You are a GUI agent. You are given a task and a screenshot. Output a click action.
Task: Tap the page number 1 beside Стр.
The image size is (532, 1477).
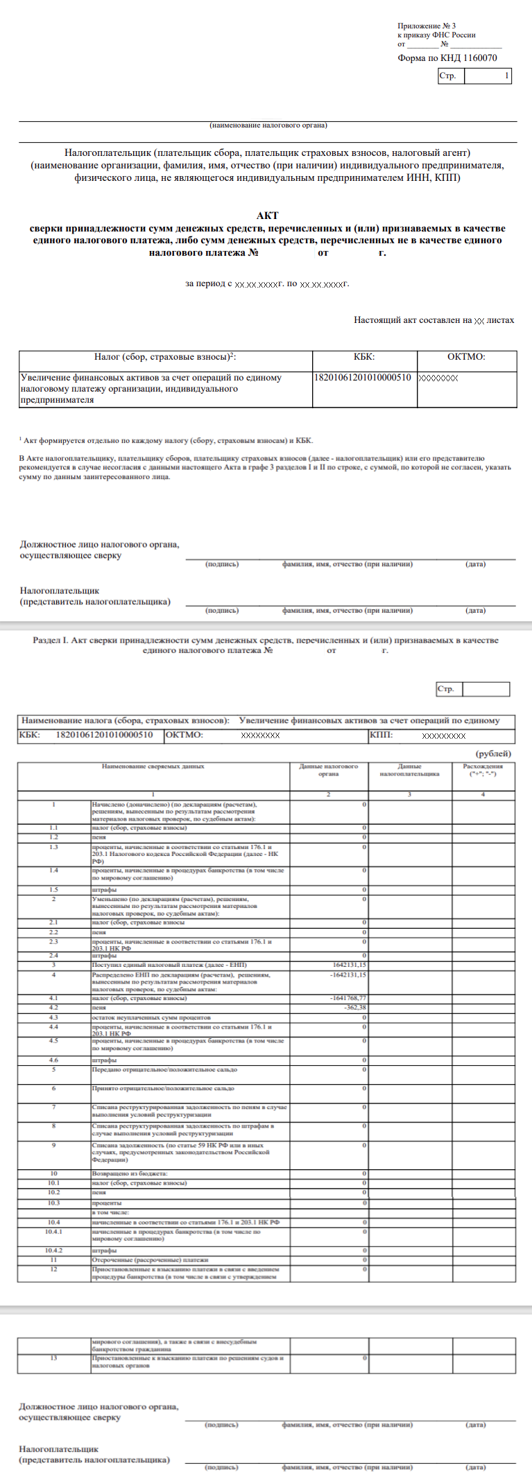(506, 76)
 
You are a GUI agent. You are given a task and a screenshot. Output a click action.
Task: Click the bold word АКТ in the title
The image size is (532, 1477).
(267, 216)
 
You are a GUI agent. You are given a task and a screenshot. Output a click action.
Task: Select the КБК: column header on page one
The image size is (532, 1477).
(364, 357)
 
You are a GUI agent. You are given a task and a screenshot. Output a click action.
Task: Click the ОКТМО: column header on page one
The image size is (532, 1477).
(466, 357)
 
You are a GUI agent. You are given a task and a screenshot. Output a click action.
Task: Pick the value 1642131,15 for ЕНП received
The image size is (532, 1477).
(350, 965)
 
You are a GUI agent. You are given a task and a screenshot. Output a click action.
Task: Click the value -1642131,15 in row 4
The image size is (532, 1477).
(348, 975)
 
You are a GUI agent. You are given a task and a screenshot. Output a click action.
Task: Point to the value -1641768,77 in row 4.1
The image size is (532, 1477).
(348, 998)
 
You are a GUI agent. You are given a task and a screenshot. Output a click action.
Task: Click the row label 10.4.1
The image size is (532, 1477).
(53, 1232)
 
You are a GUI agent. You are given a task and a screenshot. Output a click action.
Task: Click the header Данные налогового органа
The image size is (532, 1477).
(328, 770)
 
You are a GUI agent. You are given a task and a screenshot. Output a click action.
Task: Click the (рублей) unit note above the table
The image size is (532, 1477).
(493, 753)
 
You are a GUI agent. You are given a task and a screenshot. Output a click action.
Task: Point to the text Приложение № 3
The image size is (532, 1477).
(427, 26)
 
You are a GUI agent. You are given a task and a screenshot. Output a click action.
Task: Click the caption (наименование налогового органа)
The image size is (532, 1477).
(268, 125)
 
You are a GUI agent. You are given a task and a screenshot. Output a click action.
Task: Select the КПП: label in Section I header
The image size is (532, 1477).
(381, 735)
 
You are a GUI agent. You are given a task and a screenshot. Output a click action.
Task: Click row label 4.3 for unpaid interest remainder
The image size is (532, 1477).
(53, 1017)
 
